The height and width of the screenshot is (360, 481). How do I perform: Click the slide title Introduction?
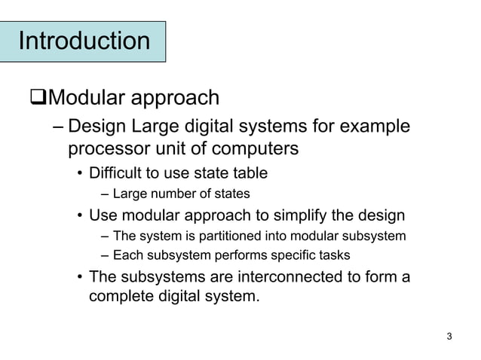pos(84,41)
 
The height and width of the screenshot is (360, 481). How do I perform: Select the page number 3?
pos(449,336)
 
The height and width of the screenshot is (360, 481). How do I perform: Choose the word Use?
pos(103,215)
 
